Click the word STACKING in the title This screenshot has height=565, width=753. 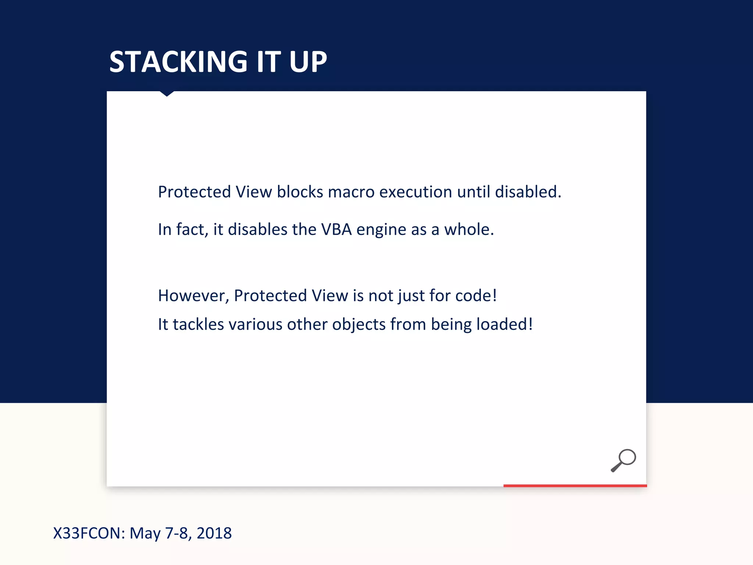[x=178, y=62]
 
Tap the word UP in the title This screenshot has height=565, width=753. [x=308, y=62]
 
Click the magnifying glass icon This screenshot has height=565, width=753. [x=623, y=460]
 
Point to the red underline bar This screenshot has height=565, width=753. [x=575, y=486]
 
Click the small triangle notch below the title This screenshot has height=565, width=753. [x=167, y=94]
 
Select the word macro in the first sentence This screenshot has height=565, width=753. [x=351, y=192]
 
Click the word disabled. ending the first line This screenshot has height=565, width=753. [x=528, y=192]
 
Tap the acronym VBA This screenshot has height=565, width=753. [x=336, y=230]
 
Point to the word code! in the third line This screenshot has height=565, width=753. [x=476, y=296]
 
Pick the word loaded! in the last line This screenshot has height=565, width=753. [x=504, y=324]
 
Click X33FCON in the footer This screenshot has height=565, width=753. [x=89, y=533]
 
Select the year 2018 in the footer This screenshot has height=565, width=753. [x=214, y=533]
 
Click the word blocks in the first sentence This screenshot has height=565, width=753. [x=300, y=192]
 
